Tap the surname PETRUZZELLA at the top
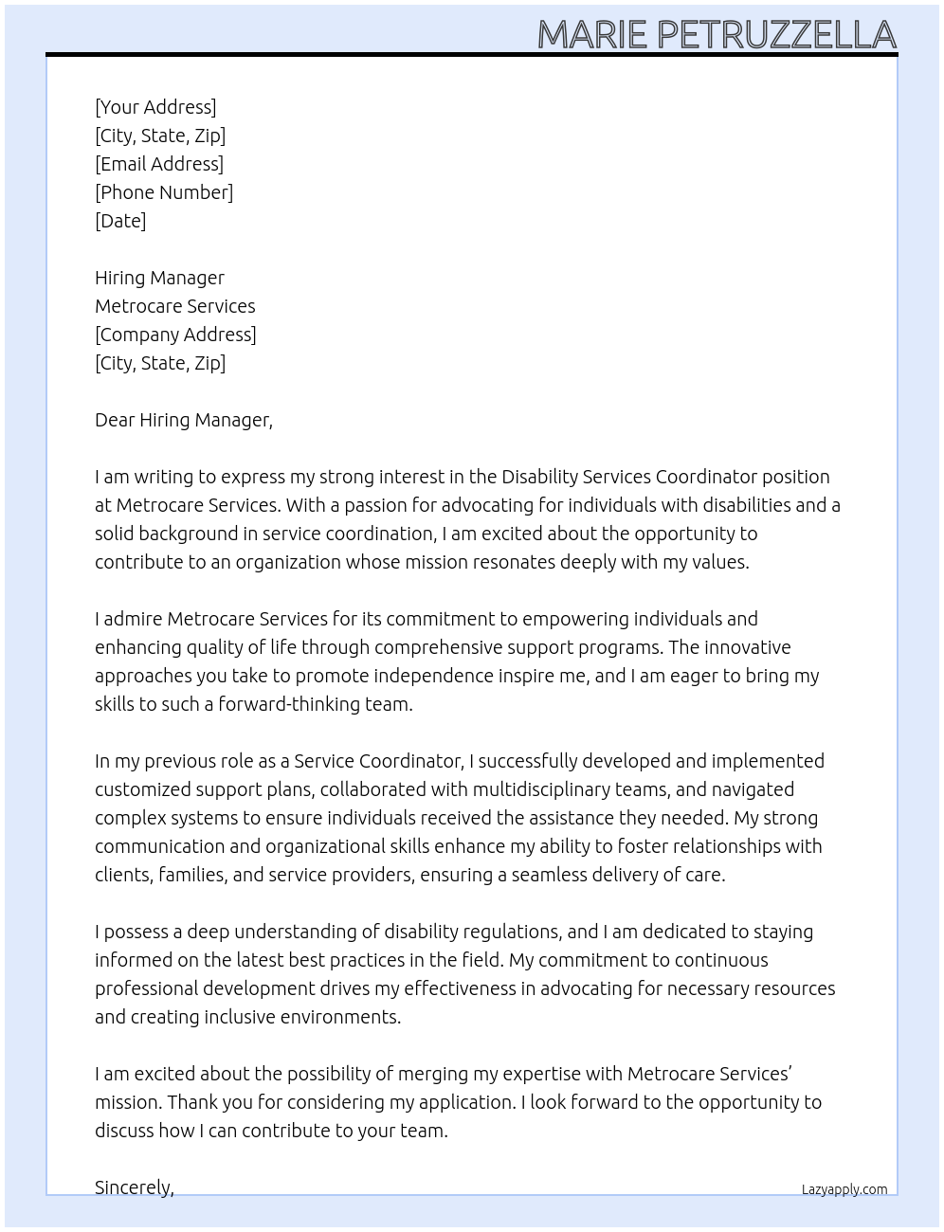point(776,35)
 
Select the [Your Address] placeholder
point(155,107)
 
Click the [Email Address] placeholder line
point(159,164)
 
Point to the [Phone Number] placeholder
point(164,192)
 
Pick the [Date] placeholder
point(120,221)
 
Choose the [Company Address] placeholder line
point(175,335)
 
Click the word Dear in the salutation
point(115,420)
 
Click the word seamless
point(549,875)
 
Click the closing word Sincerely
point(134,1187)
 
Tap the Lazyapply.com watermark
point(844,1189)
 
